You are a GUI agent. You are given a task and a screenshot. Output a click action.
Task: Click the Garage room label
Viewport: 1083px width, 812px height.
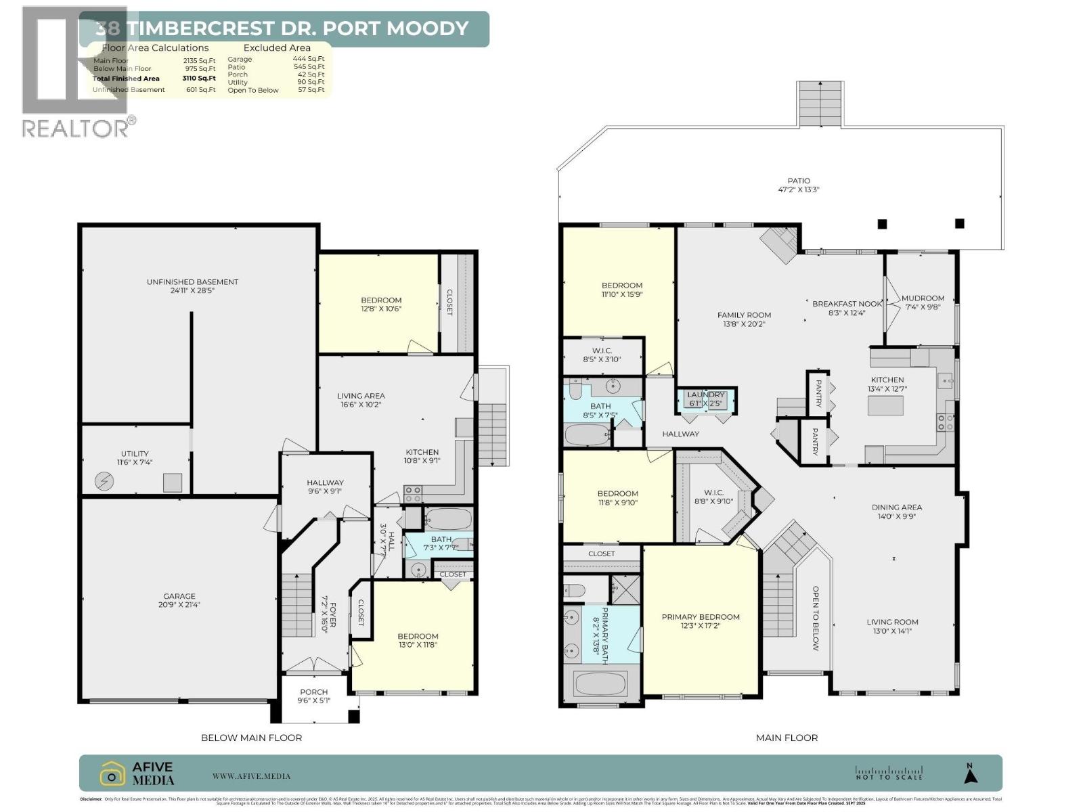180,597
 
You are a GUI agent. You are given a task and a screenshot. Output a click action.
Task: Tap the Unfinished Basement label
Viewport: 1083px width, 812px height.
193,282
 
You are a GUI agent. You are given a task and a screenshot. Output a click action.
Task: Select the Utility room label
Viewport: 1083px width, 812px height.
135,454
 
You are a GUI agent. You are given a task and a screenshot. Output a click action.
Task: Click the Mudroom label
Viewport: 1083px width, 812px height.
923,298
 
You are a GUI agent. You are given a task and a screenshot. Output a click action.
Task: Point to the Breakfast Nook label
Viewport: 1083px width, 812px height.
847,304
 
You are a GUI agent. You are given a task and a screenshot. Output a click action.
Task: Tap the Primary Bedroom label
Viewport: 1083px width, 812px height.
701,617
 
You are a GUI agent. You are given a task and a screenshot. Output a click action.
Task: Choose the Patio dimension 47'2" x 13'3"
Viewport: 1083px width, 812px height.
799,190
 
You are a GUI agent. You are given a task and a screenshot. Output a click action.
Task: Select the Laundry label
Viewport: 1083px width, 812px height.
705,395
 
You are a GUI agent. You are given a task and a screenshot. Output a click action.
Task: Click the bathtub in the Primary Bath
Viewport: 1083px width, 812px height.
601,683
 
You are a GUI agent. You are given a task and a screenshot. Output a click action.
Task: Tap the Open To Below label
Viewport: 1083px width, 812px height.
815,618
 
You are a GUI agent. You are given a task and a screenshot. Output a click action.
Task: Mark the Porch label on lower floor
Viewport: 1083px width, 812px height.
314,692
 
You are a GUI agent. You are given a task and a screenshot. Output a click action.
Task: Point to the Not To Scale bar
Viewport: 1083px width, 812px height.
889,773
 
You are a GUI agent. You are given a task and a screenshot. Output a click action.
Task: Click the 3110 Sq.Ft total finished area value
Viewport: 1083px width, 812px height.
198,79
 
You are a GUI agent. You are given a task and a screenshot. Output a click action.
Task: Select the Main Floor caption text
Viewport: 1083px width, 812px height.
787,738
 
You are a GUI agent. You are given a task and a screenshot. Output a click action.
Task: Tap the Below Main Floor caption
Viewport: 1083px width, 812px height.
251,738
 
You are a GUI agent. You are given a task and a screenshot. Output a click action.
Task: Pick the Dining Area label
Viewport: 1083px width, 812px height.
896,507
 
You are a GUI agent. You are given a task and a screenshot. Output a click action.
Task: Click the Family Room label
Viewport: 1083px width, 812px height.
744,315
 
